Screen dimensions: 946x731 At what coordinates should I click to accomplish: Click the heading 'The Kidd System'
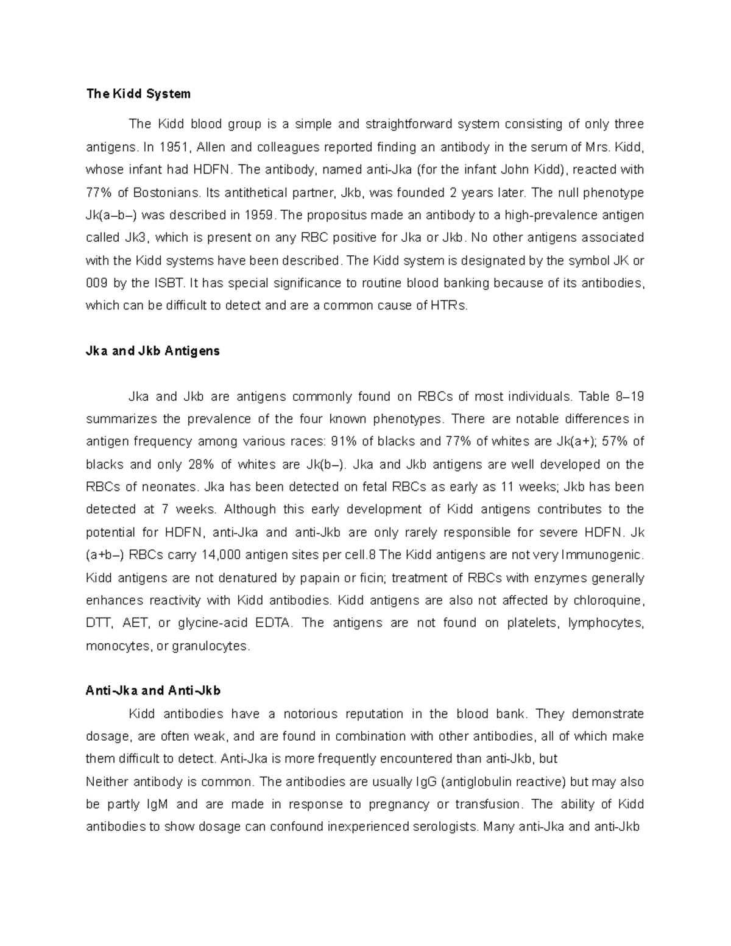(x=138, y=94)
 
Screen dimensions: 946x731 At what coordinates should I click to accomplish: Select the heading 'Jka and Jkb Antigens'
(x=153, y=351)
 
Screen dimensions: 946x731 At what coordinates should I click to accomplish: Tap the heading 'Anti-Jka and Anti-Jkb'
(x=153, y=691)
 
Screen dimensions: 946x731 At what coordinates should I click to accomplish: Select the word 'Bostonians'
(x=166, y=192)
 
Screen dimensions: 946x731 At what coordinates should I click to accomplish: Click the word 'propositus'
(x=336, y=215)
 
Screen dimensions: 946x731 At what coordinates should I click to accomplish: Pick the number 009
(x=97, y=283)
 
